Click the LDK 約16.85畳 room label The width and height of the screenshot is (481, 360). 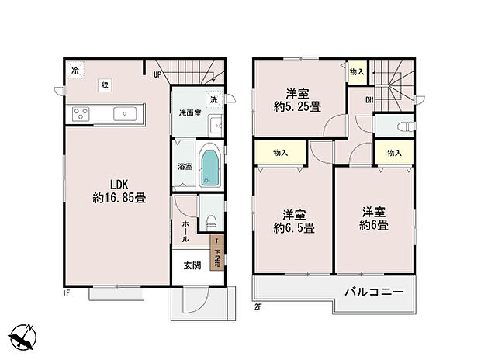click(117, 191)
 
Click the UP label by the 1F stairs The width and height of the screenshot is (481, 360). click(157, 75)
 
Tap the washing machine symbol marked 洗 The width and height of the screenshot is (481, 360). click(212, 99)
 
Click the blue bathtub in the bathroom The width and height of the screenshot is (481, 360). click(210, 168)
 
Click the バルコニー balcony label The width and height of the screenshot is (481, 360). click(375, 293)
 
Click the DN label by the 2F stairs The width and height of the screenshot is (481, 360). click(369, 99)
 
